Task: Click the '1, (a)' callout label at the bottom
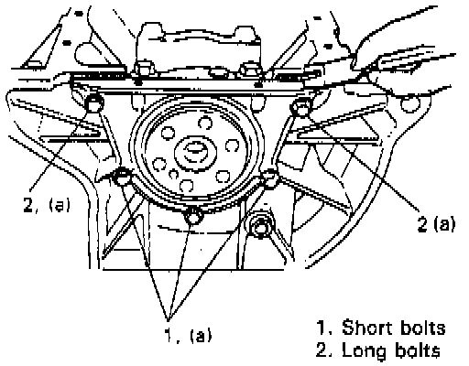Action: click(188, 335)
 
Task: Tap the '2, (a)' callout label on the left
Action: click(47, 204)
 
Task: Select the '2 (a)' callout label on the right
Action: click(436, 224)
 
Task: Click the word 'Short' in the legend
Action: click(364, 328)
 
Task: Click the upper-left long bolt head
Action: click(94, 102)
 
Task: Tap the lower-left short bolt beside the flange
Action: click(122, 177)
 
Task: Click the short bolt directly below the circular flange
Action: click(193, 215)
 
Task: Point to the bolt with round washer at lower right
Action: click(261, 226)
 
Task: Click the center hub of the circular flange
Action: click(195, 152)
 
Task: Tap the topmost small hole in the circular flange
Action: click(205, 123)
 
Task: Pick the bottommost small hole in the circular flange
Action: click(186, 186)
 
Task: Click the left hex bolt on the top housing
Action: click(143, 69)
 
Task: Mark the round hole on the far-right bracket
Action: click(409, 103)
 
